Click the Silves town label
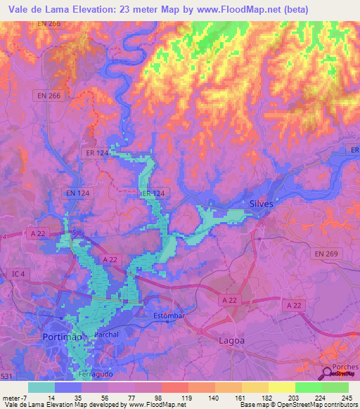[261, 204]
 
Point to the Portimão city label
[62, 337]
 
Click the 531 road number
[6, 377]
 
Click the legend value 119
[188, 397]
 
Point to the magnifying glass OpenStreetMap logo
[328, 372]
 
